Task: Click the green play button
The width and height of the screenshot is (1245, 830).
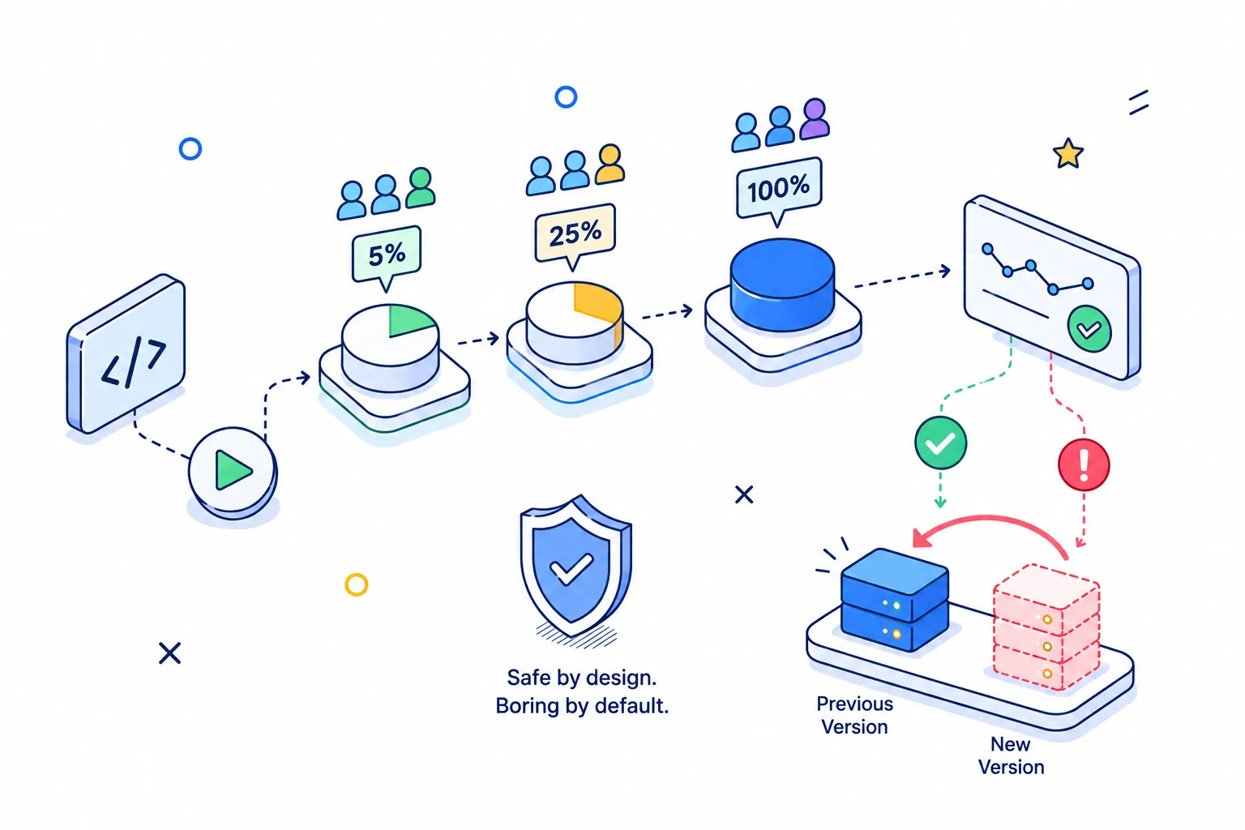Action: pos(233,471)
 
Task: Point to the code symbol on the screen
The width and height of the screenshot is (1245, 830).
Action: pos(134,363)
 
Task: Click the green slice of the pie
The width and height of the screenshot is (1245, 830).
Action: pos(409,320)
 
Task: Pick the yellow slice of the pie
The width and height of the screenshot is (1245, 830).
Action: pos(599,309)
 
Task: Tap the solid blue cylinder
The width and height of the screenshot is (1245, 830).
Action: pos(782,284)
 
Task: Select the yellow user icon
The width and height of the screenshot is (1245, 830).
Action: pos(610,164)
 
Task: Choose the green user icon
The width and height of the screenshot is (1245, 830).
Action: pos(420,188)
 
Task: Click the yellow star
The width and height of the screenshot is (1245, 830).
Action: pos(1067,153)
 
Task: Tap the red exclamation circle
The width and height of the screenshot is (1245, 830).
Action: pos(1083,464)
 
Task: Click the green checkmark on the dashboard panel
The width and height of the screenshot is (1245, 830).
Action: pos(1089,328)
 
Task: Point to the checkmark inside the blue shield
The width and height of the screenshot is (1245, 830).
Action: pos(571,568)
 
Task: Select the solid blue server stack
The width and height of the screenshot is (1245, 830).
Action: pos(895,600)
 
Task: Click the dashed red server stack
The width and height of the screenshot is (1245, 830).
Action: pos(1046,627)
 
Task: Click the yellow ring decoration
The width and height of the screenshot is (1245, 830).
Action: pos(357,584)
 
